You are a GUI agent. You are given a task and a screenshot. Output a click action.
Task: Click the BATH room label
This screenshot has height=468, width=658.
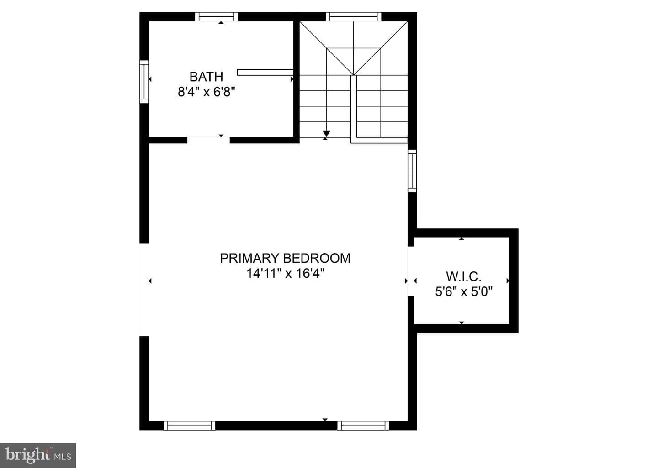pos(206,77)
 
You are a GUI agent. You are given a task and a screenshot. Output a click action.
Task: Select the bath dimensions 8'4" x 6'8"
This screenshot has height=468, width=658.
pos(207,92)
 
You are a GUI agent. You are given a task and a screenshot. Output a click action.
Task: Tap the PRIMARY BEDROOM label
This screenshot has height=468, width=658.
pos(285,258)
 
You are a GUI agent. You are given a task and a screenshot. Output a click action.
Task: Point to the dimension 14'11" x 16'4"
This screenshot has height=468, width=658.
pos(285,274)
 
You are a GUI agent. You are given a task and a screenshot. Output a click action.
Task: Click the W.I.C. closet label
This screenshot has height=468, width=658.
pos(463,276)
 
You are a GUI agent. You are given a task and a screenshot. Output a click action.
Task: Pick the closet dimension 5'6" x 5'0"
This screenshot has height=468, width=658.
pos(463,292)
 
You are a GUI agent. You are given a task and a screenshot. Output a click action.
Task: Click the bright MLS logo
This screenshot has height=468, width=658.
pos(38,455)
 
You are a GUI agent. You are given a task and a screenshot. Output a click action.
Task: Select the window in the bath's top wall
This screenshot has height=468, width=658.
pos(217,17)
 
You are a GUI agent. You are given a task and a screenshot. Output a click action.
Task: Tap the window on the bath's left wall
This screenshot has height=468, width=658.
pos(144,82)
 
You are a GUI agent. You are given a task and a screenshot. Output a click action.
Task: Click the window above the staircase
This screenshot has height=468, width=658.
pos(353,17)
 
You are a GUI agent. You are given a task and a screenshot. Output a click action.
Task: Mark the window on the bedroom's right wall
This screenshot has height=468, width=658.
pos(412,171)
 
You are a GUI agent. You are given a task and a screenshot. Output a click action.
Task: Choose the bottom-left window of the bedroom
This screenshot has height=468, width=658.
pos(189,426)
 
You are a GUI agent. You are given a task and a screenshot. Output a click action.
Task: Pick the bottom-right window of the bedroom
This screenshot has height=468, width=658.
pos(363,426)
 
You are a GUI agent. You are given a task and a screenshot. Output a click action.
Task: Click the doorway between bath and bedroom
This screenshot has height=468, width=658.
pos(208,140)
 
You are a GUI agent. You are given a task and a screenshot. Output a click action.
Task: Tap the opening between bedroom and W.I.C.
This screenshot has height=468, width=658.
pos(411,271)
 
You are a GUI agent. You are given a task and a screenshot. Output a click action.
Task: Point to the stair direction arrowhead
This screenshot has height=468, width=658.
pos(326,134)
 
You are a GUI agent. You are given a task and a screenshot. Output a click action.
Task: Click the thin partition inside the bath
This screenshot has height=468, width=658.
pos(265,73)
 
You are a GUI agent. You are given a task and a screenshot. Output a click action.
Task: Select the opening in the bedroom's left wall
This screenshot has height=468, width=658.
pos(144,290)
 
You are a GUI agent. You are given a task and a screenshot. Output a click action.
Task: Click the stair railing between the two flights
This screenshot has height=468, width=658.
pos(354,109)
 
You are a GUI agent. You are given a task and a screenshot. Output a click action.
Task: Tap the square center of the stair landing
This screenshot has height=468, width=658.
pos(353,62)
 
